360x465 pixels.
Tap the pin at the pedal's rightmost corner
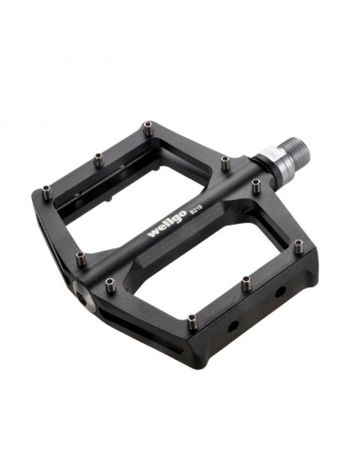point(298,247)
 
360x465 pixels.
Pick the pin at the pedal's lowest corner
point(192,321)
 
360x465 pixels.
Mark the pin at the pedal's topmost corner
point(147,128)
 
